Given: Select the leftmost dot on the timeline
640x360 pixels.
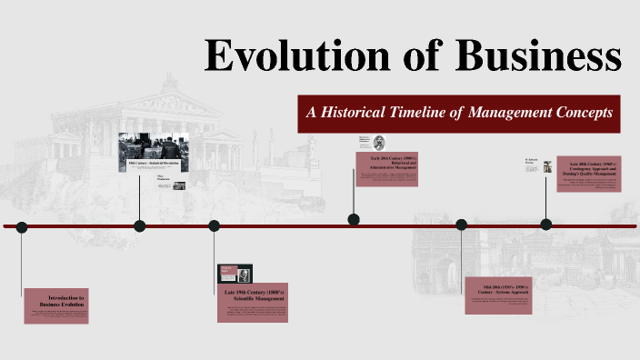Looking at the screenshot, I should [x=22, y=226].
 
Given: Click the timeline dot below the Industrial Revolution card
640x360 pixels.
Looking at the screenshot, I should [x=139, y=225].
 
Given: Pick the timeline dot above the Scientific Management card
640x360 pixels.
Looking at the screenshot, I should [x=214, y=226].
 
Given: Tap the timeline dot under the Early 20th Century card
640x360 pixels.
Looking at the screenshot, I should [x=354, y=219].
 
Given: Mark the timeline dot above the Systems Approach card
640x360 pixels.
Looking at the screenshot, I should [x=461, y=225].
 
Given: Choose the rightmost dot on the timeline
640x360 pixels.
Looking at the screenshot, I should [x=546, y=224].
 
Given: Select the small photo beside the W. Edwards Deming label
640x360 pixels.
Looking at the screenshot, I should [x=548, y=165].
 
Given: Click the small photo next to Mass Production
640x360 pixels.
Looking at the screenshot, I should [x=179, y=185].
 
